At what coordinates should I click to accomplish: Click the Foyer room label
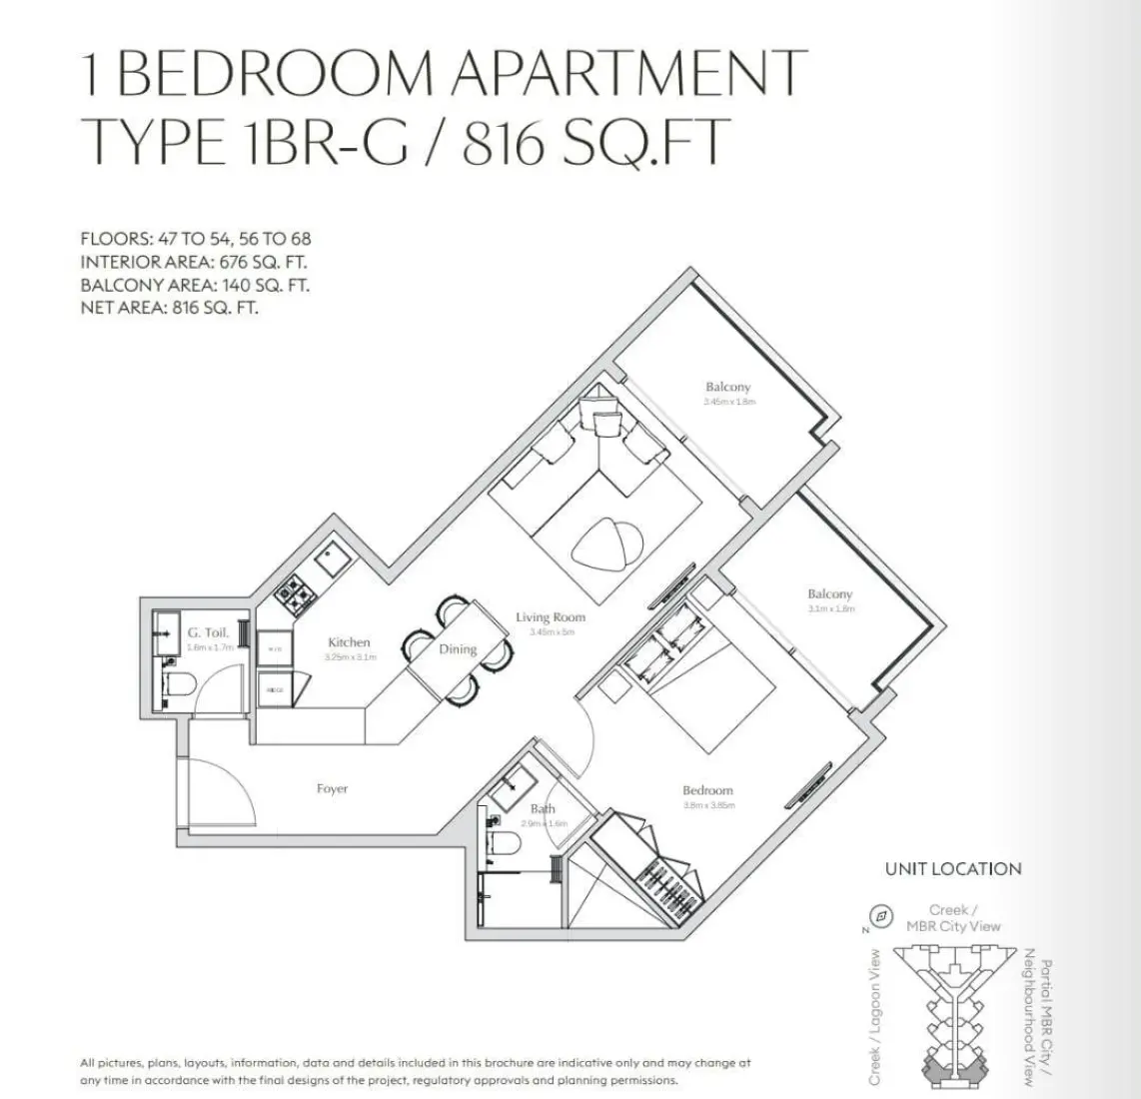pyautogui.click(x=332, y=789)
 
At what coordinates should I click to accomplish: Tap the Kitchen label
pyautogui.click(x=349, y=642)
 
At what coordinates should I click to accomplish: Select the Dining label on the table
pyautogui.click(x=458, y=649)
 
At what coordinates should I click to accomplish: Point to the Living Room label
pyautogui.click(x=550, y=617)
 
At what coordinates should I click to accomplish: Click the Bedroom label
pyautogui.click(x=707, y=790)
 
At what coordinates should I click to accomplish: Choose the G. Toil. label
pyautogui.click(x=208, y=632)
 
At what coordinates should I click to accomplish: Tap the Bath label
pyautogui.click(x=543, y=809)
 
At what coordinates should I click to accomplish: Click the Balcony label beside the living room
pyautogui.click(x=727, y=387)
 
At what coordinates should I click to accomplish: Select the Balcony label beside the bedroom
pyautogui.click(x=829, y=594)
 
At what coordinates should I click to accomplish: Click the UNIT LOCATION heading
pyautogui.click(x=952, y=869)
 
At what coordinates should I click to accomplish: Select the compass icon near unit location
pyautogui.click(x=880, y=915)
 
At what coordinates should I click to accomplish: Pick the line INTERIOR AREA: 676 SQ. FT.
pyautogui.click(x=194, y=263)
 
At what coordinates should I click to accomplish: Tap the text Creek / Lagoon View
pyautogui.click(x=875, y=1017)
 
